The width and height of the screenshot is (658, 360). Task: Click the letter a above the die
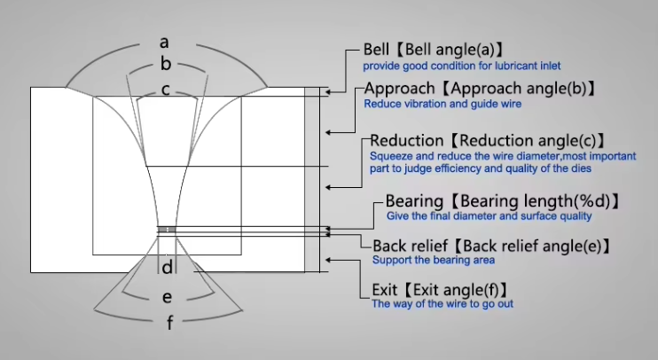[164, 43]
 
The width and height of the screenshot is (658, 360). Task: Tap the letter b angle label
[166, 64]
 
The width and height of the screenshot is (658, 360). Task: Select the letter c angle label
[166, 90]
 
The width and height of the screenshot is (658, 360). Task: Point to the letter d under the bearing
[167, 267]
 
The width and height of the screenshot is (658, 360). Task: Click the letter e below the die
[167, 297]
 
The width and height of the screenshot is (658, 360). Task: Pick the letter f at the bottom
[169, 323]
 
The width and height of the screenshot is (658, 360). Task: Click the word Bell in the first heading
[376, 50]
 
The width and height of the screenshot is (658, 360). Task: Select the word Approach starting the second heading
[399, 89]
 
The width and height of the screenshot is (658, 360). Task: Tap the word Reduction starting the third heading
[407, 141]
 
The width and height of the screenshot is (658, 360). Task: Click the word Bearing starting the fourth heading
[414, 202]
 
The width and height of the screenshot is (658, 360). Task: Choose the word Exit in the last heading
[384, 290]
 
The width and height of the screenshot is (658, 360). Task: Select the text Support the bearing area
[434, 260]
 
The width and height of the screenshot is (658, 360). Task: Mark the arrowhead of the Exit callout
[329, 260]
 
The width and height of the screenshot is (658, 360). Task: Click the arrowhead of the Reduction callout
[329, 187]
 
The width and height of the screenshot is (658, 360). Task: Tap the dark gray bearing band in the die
[167, 230]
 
